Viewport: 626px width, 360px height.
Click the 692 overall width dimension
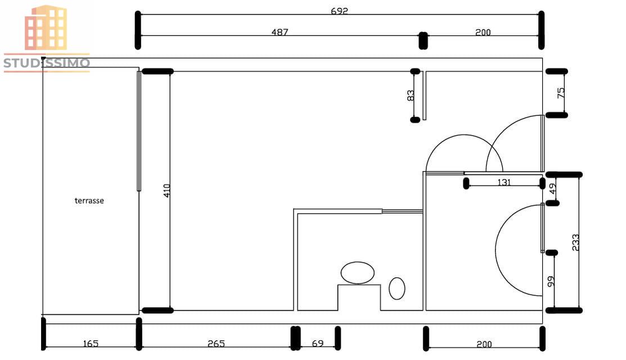tap(340, 11)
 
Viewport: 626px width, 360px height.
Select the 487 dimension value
tap(280, 32)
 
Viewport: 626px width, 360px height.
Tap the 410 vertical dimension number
tap(166, 190)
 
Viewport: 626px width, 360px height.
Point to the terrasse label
tap(89, 200)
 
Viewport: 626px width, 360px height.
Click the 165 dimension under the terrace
tap(91, 343)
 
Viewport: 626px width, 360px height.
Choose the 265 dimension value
tap(216, 343)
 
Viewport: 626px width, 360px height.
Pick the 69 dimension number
tap(318, 343)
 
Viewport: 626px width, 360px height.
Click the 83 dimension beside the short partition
tap(411, 96)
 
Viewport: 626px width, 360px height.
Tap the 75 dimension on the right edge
tap(561, 93)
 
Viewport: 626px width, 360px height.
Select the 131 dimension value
tap(504, 182)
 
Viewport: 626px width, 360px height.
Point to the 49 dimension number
tap(553, 189)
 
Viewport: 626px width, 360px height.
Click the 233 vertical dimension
tap(575, 242)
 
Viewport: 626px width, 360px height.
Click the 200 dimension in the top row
tap(483, 32)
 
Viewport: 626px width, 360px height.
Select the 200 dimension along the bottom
tap(484, 344)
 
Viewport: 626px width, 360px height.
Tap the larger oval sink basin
tap(357, 273)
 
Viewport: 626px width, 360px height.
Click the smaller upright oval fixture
tap(397, 288)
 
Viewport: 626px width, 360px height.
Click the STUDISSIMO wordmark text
tap(47, 62)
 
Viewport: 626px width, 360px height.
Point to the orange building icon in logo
tap(46, 28)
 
